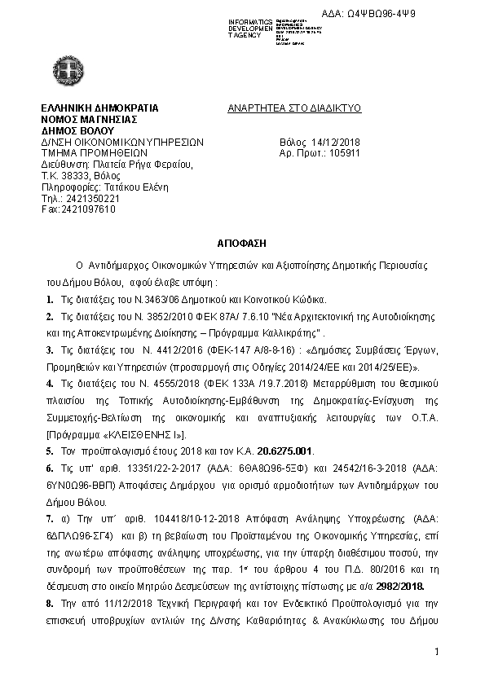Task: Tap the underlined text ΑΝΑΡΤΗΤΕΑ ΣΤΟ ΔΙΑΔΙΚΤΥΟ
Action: (294, 108)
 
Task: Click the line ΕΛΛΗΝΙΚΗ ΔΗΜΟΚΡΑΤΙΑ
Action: (99, 108)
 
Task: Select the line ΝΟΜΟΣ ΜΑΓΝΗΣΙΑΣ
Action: (87, 119)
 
